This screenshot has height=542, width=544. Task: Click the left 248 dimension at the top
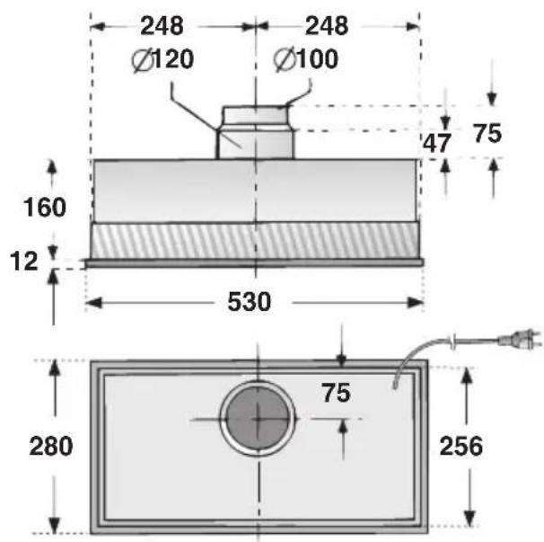[162, 26]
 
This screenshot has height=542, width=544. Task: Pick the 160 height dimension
[44, 208]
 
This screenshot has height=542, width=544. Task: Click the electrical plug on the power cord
[522, 340]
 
